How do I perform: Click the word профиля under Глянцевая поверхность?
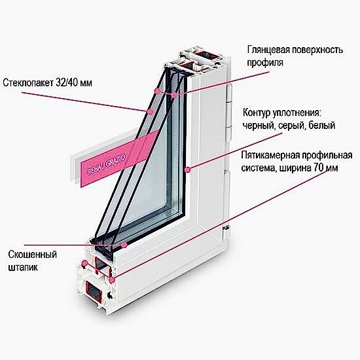[265, 63]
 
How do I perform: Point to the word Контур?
[257, 113]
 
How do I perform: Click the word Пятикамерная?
[270, 155]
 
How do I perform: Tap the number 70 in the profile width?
[315, 168]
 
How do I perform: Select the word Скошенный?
[32, 255]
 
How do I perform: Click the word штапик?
[23, 268]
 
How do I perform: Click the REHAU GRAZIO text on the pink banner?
[107, 164]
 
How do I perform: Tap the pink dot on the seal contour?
[188, 170]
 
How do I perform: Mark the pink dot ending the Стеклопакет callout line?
[151, 112]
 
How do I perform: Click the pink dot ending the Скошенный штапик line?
[124, 245]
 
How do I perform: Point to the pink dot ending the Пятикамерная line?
[112, 280]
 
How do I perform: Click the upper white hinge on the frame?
[230, 94]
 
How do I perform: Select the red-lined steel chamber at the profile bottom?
[94, 291]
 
